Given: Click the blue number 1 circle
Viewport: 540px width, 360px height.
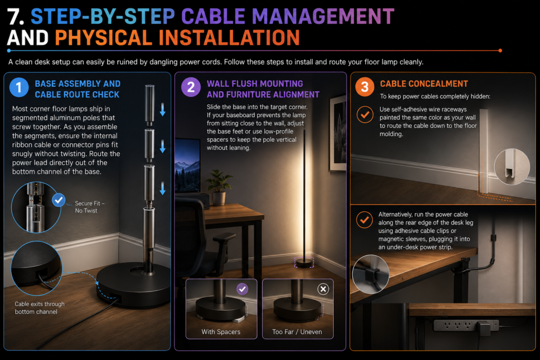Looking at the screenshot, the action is pyautogui.click(x=19, y=87).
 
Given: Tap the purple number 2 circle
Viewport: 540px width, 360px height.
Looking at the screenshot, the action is pyautogui.click(x=191, y=87).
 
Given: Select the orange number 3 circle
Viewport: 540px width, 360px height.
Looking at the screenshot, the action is pyautogui.click(x=365, y=87).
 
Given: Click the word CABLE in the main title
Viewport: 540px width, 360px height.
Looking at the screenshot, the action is pyautogui.click(x=214, y=16).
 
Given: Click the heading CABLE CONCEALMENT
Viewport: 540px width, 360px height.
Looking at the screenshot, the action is pyautogui.click(x=424, y=84).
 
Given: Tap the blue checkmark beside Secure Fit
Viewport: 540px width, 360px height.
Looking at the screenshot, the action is pyautogui.click(x=59, y=200).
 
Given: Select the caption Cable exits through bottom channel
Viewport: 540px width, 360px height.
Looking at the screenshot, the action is pyautogui.click(x=39, y=308).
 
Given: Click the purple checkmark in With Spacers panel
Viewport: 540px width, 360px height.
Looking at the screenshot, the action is pyautogui.click(x=243, y=289).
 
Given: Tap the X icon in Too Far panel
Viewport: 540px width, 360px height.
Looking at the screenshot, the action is pyautogui.click(x=323, y=289).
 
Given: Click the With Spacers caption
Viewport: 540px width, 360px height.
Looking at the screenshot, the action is pyautogui.click(x=221, y=332).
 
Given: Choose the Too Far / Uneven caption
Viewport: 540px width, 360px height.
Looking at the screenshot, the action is pyautogui.click(x=297, y=332).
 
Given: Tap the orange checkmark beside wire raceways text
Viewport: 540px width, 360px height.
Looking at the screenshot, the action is pyautogui.click(x=365, y=114).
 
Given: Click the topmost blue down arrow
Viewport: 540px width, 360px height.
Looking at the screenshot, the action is pyautogui.click(x=162, y=110).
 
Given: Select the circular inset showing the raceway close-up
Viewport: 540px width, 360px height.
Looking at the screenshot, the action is pyautogui.click(x=512, y=167).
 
